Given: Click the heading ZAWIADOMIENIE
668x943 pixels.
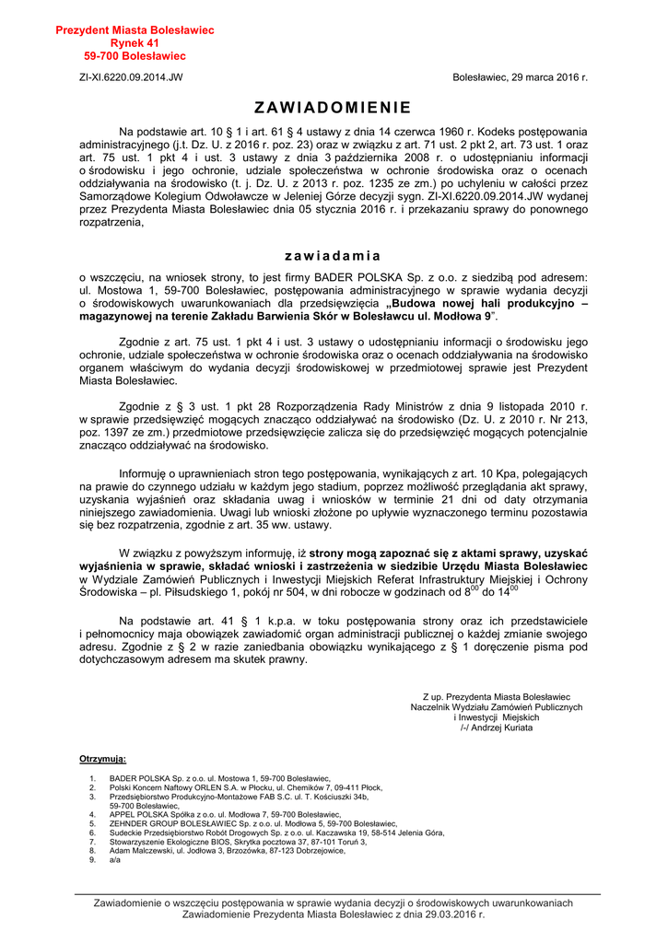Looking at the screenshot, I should coord(333,107).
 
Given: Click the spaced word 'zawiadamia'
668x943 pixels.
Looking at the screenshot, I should coord(333,255).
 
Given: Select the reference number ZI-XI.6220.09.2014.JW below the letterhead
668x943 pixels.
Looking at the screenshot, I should coord(131,77).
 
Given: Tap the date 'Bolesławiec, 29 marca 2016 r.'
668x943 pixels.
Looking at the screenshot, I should coord(520,77).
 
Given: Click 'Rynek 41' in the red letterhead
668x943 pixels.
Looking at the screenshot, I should coord(135,43).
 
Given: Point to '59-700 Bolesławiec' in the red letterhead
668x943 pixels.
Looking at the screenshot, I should coord(135,56).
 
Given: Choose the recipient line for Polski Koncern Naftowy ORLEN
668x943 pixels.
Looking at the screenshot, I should coord(246,787).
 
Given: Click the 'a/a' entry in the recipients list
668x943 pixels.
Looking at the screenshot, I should coord(114,860).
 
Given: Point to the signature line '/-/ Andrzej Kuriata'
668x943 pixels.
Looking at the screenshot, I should coord(497,728).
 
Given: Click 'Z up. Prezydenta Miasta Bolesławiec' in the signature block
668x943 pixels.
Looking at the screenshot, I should coord(497,697).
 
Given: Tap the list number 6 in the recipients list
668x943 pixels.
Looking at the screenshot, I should coord(92,832).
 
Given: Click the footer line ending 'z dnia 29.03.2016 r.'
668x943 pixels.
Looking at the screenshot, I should coord(334,914).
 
